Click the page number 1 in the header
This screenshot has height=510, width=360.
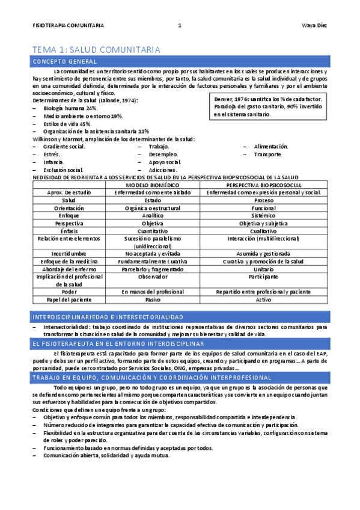180,25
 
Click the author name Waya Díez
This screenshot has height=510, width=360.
314,25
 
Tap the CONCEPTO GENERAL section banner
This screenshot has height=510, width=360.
66,62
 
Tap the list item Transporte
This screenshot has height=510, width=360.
267,155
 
